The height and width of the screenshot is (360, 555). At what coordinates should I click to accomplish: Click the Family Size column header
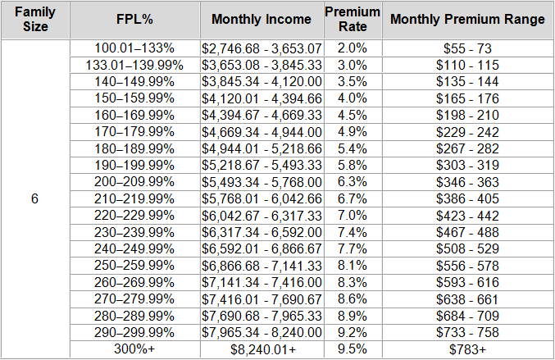34,20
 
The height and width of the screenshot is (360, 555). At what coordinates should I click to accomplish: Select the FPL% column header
134,20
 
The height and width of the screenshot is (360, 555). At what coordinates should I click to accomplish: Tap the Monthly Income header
262,20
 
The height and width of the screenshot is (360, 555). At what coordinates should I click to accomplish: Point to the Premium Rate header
353,20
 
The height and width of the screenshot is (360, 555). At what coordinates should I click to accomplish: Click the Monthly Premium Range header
467,20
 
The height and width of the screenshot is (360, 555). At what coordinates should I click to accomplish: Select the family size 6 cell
34,199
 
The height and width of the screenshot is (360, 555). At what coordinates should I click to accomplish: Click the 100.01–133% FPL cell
134,49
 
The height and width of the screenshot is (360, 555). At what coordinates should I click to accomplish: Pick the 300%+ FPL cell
134,349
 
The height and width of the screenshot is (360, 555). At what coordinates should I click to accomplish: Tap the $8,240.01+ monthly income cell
262,349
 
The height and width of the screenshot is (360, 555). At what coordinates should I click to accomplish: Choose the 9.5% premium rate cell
353,349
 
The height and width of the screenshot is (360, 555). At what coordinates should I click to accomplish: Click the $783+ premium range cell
467,349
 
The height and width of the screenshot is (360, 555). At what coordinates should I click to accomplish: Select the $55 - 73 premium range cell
467,49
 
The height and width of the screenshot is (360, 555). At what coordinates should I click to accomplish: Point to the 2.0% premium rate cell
353,49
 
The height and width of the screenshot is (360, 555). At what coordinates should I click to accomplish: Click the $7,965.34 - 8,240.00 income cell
262,332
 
